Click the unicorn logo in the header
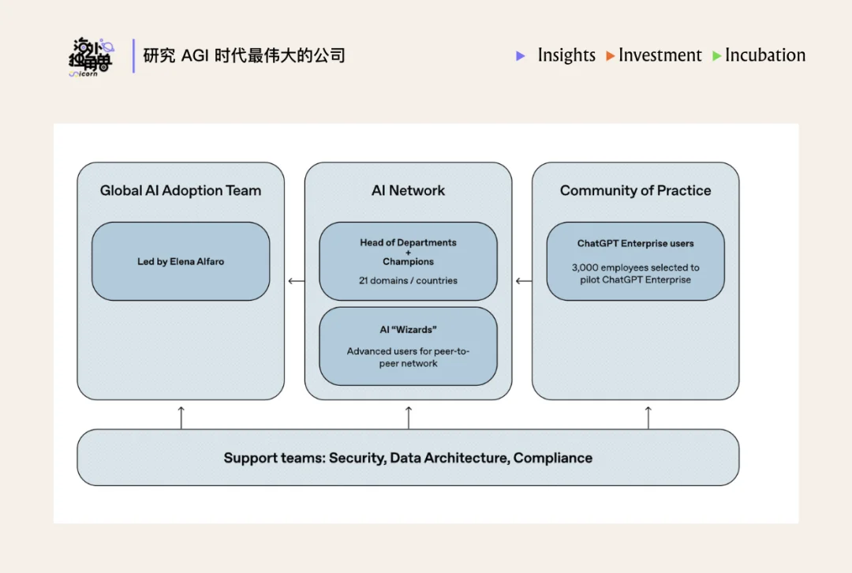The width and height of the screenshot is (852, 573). pos(91,56)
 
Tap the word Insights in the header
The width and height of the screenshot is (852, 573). pos(566,55)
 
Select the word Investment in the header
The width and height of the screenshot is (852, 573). pos(660,55)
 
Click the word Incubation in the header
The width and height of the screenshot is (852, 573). pos(765,55)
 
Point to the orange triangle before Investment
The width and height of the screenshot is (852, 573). pos(611,56)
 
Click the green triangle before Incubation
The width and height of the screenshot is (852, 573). pos(717,56)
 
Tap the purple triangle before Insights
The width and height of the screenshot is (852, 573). pos(521,56)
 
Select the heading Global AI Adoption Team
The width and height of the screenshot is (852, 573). pos(180,190)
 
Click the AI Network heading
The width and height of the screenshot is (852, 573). pos(408,190)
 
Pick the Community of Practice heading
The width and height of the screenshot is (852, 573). pos(635,190)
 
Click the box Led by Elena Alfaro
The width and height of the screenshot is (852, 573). pos(181,261)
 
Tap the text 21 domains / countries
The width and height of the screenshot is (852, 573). pos(408,280)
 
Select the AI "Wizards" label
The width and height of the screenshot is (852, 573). pos(408,330)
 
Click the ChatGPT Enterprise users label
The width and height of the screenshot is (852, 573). pos(635,244)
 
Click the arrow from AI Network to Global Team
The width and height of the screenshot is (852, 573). pos(295,281)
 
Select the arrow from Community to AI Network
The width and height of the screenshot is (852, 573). pos(522,281)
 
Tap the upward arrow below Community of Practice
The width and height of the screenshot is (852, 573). pos(648,417)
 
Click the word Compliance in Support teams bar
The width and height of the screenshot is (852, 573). pos(552,458)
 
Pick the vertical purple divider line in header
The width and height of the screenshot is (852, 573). pos(133,56)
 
